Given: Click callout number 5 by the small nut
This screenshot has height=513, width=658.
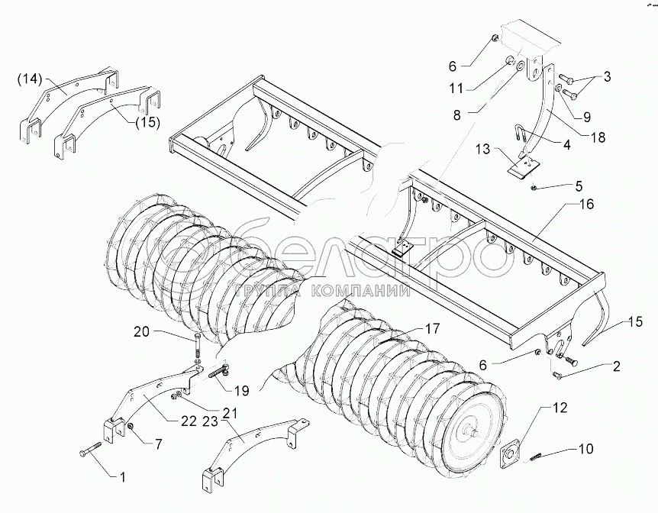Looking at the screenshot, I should [578, 186].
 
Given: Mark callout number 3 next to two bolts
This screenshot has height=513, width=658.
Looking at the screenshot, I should [607, 77].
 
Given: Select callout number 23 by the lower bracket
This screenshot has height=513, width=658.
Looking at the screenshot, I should [211, 419].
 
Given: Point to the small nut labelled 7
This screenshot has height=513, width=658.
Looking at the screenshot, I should [132, 425].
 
